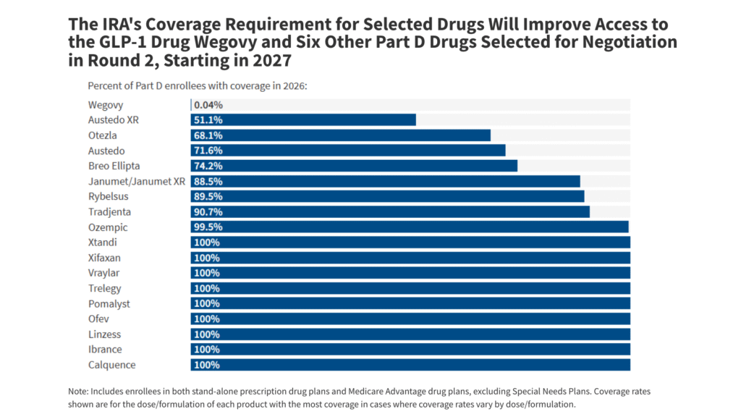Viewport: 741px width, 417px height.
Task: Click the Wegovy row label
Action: pyautogui.click(x=105, y=105)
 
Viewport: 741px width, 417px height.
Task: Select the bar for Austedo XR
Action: pyautogui.click(x=303, y=120)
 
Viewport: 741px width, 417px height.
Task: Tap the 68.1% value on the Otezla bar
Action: pyautogui.click(x=208, y=135)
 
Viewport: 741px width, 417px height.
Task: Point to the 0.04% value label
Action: pyautogui.click(x=208, y=105)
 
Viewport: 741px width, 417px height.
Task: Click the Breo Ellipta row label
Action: pyautogui.click(x=114, y=166)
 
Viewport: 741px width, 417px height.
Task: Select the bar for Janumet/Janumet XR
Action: pyautogui.click(x=386, y=181)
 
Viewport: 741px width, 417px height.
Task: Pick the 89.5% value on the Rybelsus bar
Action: pyautogui.click(x=208, y=197)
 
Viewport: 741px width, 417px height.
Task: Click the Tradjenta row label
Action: pyautogui.click(x=110, y=212)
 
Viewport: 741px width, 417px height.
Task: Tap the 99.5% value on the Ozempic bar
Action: pyautogui.click(x=208, y=227)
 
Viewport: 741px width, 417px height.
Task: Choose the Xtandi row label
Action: pyautogui.click(x=103, y=243)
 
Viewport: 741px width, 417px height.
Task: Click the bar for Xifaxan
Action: pyautogui.click(x=410, y=258)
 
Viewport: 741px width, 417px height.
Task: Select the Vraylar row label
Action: pyautogui.click(x=104, y=273)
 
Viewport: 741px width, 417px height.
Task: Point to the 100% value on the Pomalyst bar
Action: pyautogui.click(x=206, y=304)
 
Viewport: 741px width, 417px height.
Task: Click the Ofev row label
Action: pyautogui.click(x=99, y=319)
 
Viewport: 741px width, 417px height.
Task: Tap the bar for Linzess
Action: pyautogui.click(x=410, y=334)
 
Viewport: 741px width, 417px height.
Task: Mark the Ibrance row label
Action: pyautogui.click(x=105, y=350)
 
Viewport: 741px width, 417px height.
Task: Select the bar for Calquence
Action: pyautogui.click(x=410, y=365)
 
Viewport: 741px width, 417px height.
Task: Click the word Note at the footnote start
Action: pyautogui.click(x=79, y=391)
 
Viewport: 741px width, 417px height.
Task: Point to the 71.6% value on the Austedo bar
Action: pyautogui.click(x=208, y=151)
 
